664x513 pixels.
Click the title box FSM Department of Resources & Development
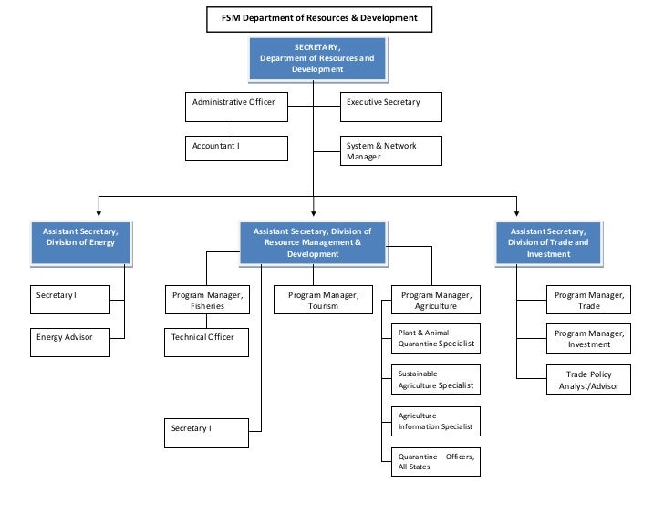click(318, 18)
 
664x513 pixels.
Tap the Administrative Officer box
click(236, 107)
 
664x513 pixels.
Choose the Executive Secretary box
click(391, 107)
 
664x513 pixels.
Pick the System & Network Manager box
click(391, 150)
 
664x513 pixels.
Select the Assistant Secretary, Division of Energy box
click(80, 242)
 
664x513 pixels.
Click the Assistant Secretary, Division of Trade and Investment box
click(548, 242)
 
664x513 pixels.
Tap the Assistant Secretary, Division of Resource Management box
click(313, 242)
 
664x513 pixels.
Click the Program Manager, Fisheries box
click(207, 300)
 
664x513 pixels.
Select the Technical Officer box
click(207, 343)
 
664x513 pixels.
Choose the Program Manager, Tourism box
click(323, 300)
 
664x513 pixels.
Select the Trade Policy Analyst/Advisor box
click(588, 380)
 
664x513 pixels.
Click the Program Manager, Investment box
click(588, 339)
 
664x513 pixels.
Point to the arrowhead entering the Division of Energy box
click(98, 213)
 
